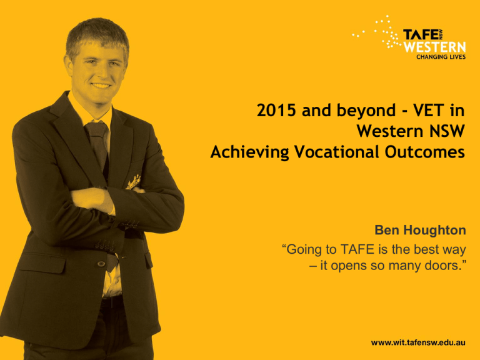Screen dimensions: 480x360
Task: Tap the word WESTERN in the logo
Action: [435, 47]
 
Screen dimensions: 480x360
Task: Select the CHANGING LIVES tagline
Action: [441, 57]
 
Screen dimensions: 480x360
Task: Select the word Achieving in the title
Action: [249, 152]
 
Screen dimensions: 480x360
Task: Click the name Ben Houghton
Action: [420, 230]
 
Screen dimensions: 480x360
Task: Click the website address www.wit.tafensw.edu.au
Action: [418, 342]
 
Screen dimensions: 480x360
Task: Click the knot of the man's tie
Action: [97, 129]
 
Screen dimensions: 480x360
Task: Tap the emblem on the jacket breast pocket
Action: [134, 182]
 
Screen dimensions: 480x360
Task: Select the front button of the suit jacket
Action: [101, 264]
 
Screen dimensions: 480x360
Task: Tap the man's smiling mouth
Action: [101, 86]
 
